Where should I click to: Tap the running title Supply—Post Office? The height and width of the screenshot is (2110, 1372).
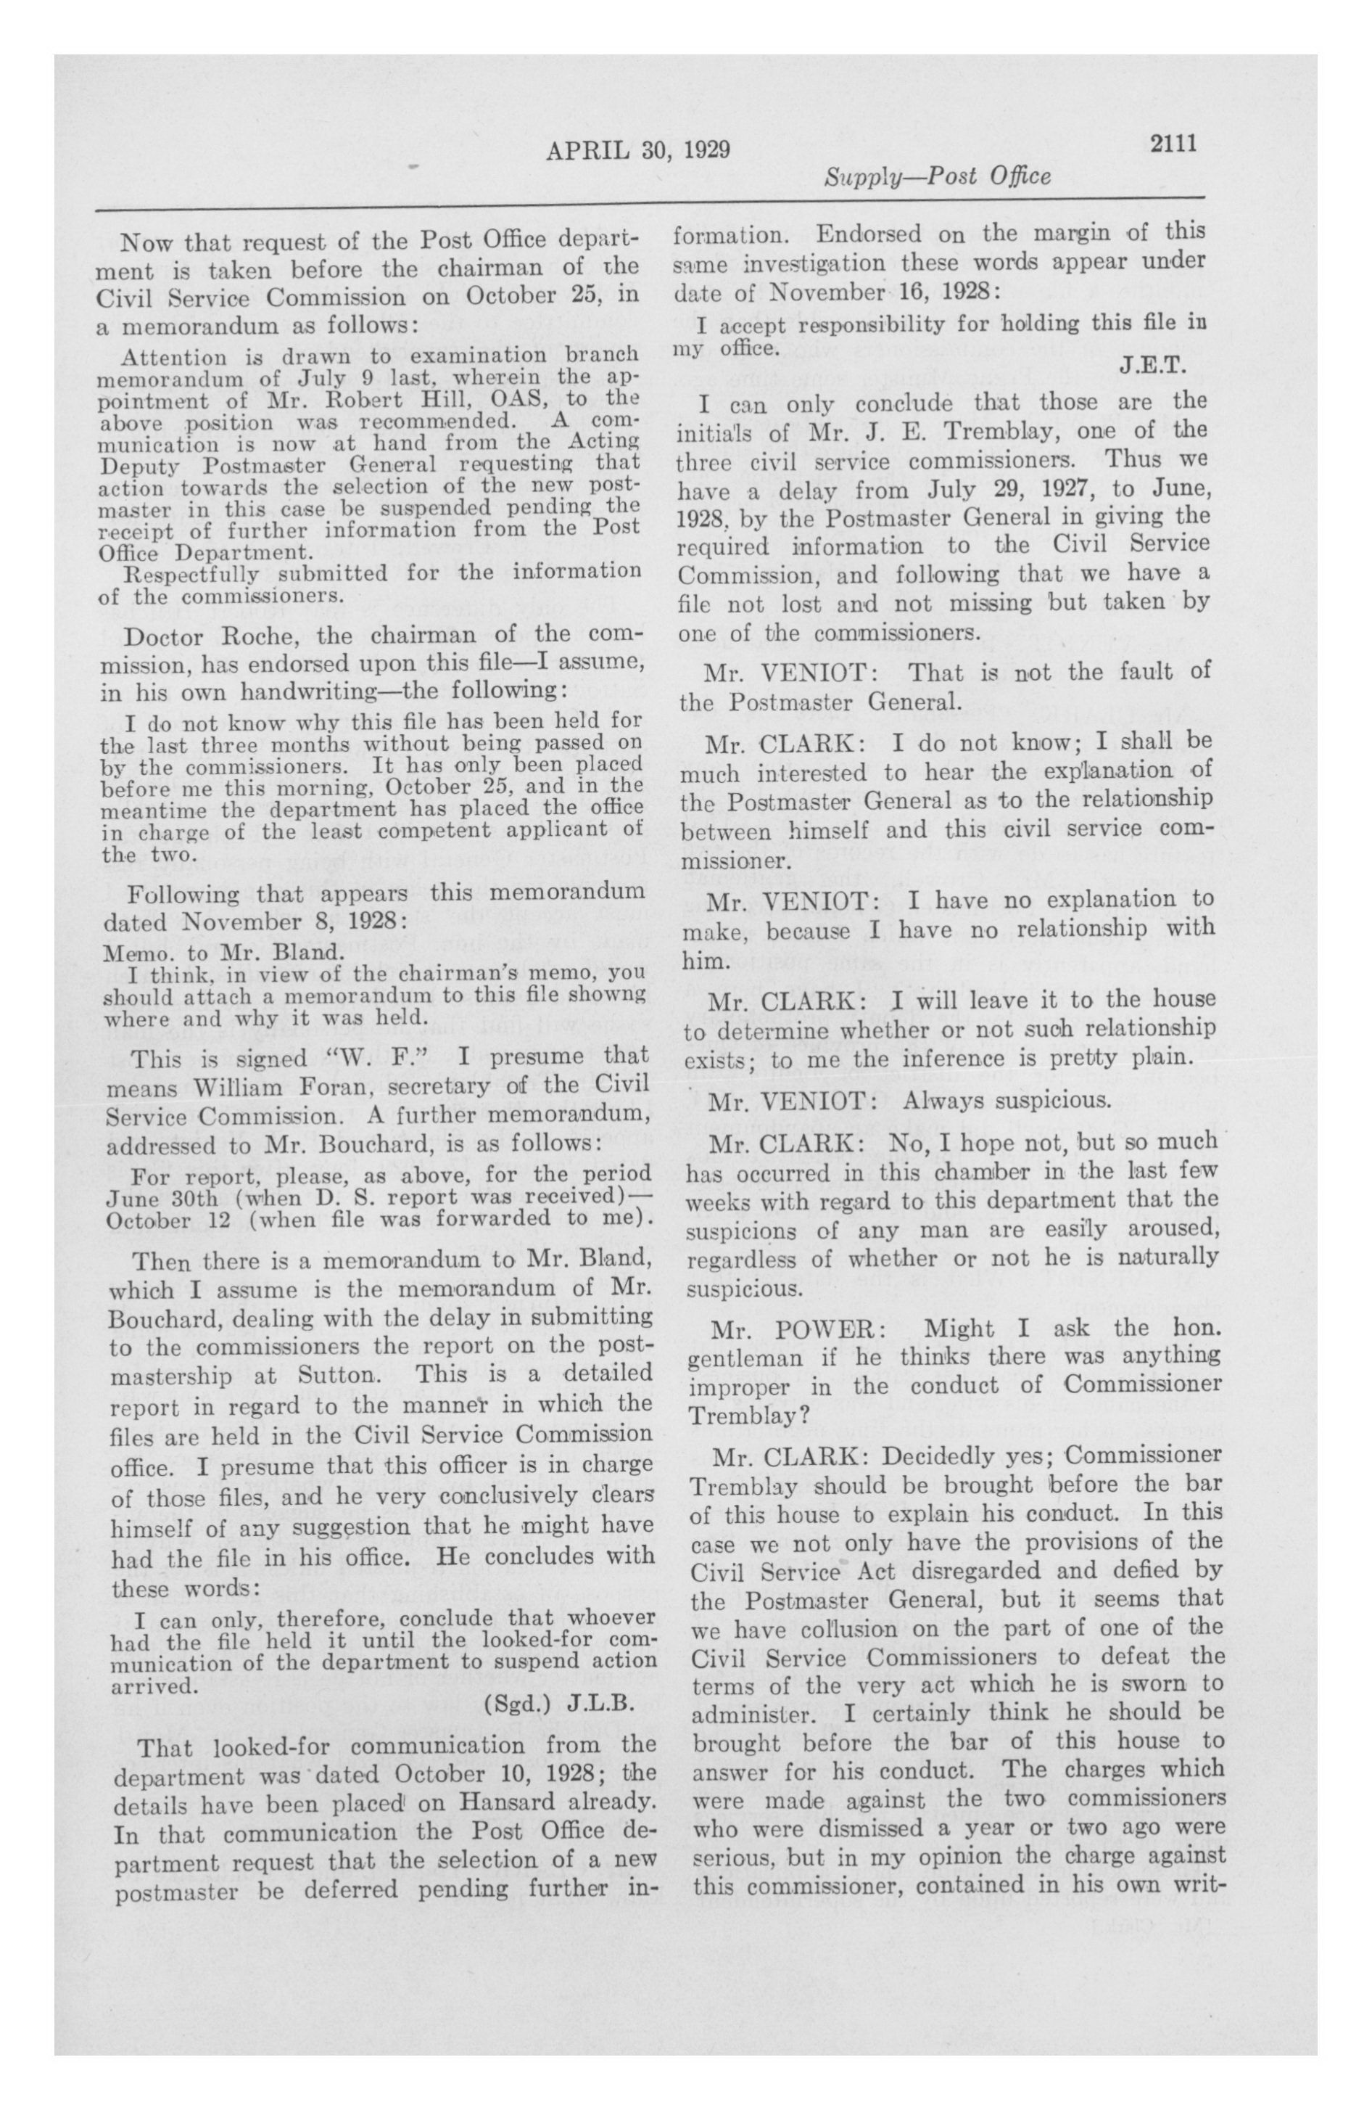click(938, 176)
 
